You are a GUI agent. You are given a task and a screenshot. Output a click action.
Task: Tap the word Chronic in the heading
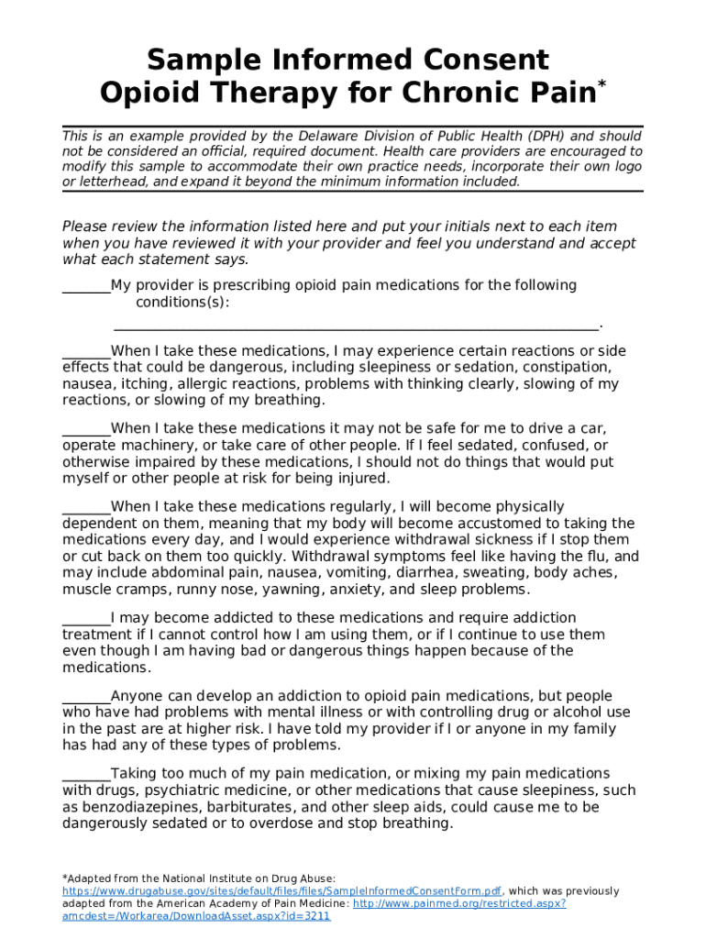(x=464, y=93)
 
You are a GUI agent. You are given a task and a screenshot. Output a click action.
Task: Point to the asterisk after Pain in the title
(x=601, y=85)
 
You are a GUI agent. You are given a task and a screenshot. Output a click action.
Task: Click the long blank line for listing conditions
(x=356, y=325)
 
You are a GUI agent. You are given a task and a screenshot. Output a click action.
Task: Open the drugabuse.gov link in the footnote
(x=281, y=891)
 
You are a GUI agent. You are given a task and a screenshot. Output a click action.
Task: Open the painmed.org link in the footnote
(x=458, y=903)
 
